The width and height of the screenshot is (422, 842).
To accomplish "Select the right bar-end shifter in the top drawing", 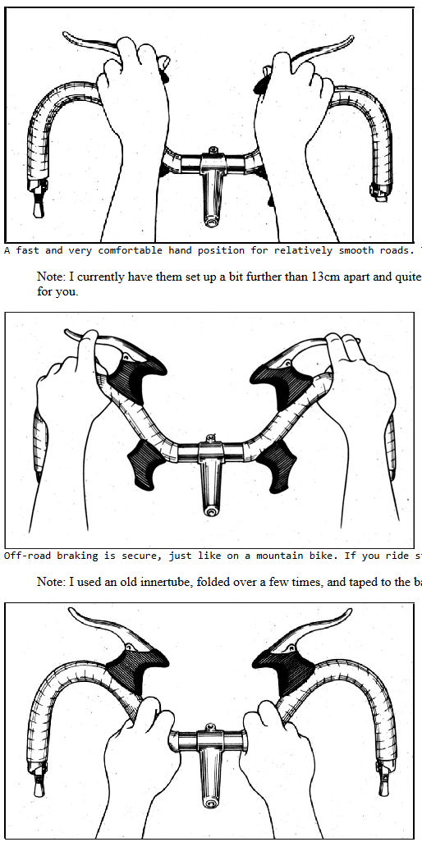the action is pos(379,191).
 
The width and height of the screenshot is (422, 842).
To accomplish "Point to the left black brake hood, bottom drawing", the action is pos(137,667).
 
